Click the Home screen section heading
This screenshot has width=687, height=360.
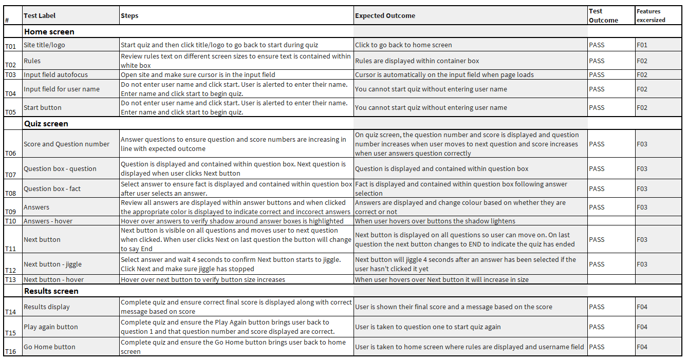[x=49, y=32]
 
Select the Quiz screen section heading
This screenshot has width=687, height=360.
[x=46, y=124]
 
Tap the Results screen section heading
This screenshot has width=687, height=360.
[x=51, y=291]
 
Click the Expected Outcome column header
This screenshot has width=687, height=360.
[x=385, y=16]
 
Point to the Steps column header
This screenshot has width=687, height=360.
[x=129, y=16]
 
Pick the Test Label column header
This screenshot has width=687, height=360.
[x=40, y=16]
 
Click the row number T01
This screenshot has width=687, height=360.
[x=11, y=46]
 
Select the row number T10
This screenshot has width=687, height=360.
[x=11, y=221]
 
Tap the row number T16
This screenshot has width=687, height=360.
[x=11, y=352]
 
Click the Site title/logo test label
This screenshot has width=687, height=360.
[x=44, y=45]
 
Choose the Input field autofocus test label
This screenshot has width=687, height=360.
[x=55, y=75]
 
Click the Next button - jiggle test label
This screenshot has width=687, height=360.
[x=53, y=264]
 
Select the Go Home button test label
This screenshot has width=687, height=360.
[x=49, y=347]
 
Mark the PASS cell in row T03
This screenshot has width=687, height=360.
[x=597, y=75]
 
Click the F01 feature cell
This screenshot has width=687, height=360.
[x=642, y=45]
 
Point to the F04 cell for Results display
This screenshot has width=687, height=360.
[x=642, y=307]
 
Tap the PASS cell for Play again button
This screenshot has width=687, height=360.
[x=597, y=327]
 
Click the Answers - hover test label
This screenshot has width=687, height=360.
[x=48, y=221]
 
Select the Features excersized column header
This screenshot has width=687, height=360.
[x=651, y=16]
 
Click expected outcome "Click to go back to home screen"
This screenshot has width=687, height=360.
[x=403, y=45]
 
